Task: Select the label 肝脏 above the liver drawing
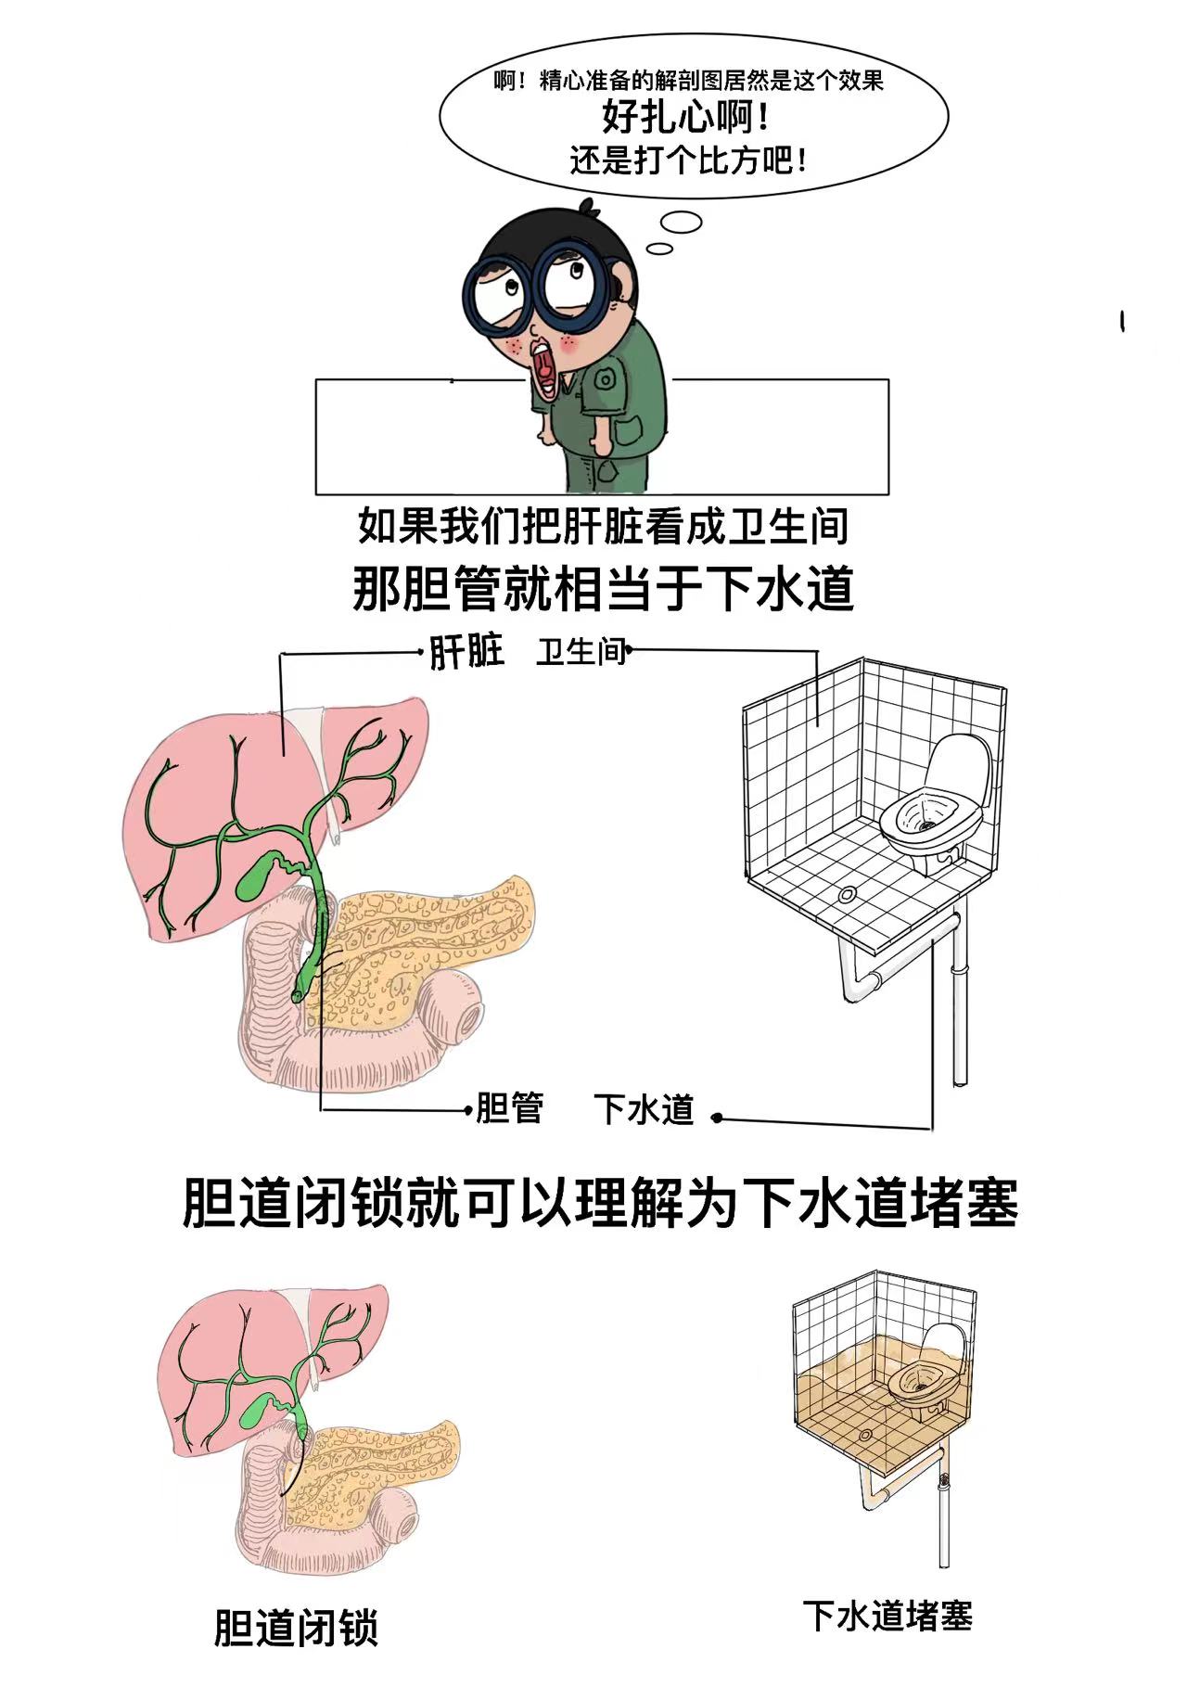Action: pyautogui.click(x=466, y=652)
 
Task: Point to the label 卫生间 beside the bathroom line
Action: pyautogui.click(x=581, y=652)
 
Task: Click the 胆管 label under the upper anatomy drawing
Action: pyautogui.click(x=509, y=1108)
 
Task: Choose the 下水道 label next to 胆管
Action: pyautogui.click(x=644, y=1109)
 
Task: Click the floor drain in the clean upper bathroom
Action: pyautogui.click(x=846, y=894)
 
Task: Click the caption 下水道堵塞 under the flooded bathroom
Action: pyautogui.click(x=887, y=1615)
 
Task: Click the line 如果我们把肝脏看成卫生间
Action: pyautogui.click(x=603, y=526)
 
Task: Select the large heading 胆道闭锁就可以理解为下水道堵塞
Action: pyautogui.click(x=599, y=1203)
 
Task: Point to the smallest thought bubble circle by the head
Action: pyautogui.click(x=659, y=248)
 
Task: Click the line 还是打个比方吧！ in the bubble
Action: pyautogui.click(x=688, y=161)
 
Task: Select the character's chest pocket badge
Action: pyautogui.click(x=605, y=379)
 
